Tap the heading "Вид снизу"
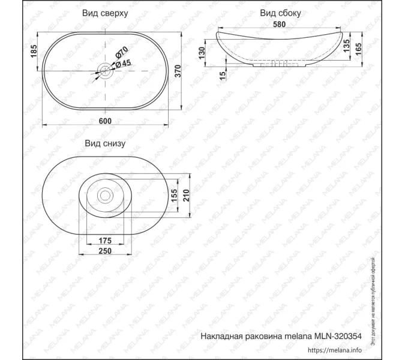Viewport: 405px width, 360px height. (x=104, y=143)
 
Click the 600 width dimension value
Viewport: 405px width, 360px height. (x=105, y=121)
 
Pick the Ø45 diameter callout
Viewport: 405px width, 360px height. (x=123, y=64)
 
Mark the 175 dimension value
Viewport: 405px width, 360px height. (x=104, y=241)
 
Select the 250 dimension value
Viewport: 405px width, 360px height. (x=104, y=252)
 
